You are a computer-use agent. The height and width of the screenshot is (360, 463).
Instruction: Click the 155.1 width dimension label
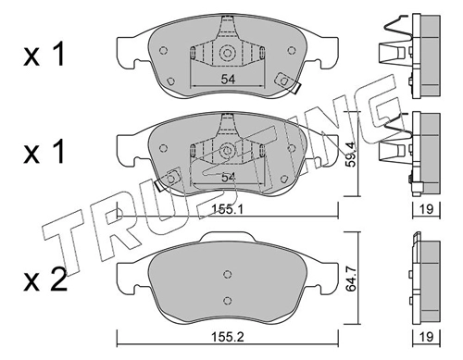228,210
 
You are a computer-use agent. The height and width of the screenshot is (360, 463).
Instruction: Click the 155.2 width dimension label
228,337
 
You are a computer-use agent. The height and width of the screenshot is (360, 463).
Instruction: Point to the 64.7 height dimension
351,279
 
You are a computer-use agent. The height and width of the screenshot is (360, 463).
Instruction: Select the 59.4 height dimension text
351,155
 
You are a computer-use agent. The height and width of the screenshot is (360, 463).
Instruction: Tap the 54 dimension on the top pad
228,80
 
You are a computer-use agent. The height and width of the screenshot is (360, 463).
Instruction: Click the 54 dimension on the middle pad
228,178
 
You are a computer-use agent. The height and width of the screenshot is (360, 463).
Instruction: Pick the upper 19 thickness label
427,209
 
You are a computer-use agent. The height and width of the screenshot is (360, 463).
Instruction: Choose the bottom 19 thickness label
427,337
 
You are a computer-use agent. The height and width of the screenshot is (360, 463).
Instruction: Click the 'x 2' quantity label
45,279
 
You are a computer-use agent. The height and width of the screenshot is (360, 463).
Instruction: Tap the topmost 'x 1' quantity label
44,55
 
